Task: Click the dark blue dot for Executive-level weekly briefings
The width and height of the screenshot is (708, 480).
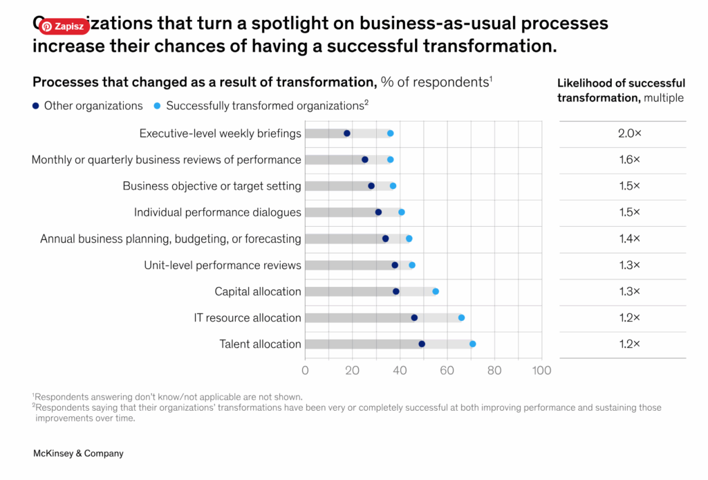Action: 347,133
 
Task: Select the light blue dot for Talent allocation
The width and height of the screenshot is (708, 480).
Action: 473,344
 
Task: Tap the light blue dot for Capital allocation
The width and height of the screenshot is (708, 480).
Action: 436,291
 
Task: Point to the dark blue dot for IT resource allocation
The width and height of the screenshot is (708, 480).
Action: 414,317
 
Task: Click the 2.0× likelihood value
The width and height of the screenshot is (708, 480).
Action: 629,133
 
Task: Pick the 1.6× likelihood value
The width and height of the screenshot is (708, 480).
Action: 629,160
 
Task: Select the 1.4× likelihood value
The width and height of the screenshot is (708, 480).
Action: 629,239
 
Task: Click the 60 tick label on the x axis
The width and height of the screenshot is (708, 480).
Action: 447,370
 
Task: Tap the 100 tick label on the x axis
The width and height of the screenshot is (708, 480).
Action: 541,370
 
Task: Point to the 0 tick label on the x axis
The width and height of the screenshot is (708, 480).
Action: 305,370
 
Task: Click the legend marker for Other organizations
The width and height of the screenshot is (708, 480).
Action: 36,106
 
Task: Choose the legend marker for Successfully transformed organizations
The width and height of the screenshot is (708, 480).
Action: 158,106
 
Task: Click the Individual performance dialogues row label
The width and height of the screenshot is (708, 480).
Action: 218,212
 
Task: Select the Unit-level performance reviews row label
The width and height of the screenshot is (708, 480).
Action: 223,265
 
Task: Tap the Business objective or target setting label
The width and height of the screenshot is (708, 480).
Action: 212,186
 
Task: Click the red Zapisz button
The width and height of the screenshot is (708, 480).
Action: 64,26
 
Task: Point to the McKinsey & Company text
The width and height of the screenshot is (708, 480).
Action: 78,454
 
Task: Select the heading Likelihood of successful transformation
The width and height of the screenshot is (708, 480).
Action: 621,91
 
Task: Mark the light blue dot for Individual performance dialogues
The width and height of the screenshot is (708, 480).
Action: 402,212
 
